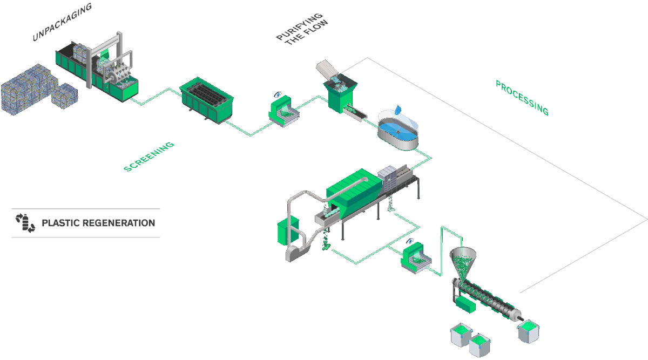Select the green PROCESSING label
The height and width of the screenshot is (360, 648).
pos(522,98)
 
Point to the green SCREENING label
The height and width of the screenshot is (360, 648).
pos(150,157)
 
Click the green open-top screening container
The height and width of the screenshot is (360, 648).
pos(207,101)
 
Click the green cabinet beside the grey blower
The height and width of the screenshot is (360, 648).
pos(284,231)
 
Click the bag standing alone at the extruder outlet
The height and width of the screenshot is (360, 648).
pos(528,331)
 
